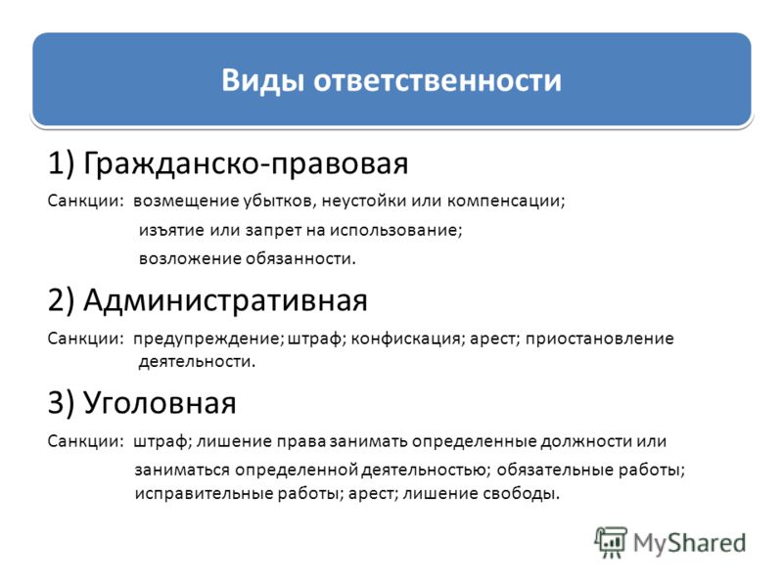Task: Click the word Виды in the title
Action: tap(262, 81)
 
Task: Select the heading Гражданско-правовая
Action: tap(246, 163)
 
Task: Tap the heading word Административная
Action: tap(225, 301)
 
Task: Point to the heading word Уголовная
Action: tap(160, 403)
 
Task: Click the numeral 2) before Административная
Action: tap(61, 300)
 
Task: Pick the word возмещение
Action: tap(186, 202)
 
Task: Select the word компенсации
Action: tap(505, 202)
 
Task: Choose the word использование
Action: tap(395, 230)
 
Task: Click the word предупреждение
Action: tap(207, 339)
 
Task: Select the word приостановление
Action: tap(599, 339)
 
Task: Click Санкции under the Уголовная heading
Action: tap(85, 441)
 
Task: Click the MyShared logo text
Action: tap(690, 544)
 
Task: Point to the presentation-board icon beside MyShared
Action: tap(611, 543)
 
